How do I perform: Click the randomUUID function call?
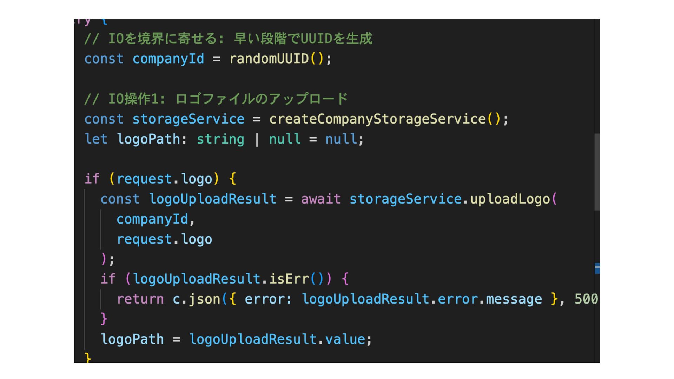269,59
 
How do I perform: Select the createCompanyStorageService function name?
377,119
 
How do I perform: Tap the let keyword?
96,139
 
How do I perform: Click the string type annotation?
220,139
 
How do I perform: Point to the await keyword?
321,199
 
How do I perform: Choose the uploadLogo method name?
510,199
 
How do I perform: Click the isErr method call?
289,279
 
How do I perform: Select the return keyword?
140,299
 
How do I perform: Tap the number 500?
586,299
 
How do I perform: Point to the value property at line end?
345,339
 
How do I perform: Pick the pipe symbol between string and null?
257,139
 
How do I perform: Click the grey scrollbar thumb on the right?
597,172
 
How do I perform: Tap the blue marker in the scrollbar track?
597,268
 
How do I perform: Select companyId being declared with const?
168,59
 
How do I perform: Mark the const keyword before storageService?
104,119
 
